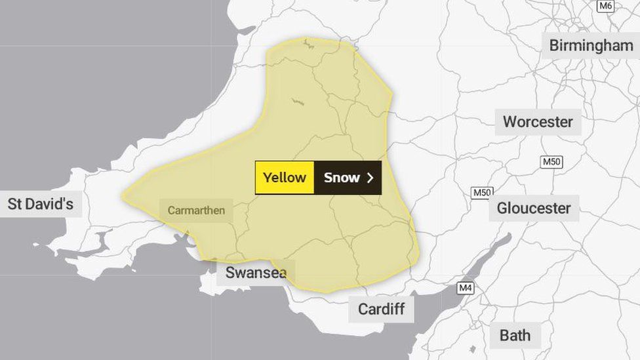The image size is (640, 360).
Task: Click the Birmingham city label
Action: point(591,45)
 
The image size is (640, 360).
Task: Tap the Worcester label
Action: point(538,121)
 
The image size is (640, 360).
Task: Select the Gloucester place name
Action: point(534,208)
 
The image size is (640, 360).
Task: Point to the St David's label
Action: point(40,203)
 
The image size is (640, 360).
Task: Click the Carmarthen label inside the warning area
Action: point(196,210)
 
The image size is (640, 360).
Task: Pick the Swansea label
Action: point(256,273)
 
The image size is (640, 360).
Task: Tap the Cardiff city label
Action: point(381,309)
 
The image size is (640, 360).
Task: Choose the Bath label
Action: point(515,335)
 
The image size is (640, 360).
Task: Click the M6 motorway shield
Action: point(605,6)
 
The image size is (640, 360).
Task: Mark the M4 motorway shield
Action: point(466,287)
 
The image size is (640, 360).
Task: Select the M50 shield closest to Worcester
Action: point(551,162)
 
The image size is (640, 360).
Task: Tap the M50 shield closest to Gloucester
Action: point(482,193)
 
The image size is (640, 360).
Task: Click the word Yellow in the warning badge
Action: point(285,178)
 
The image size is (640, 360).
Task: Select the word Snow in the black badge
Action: point(342,178)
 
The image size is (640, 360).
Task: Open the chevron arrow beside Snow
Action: point(370,178)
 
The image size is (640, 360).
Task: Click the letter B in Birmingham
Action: point(554,45)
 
